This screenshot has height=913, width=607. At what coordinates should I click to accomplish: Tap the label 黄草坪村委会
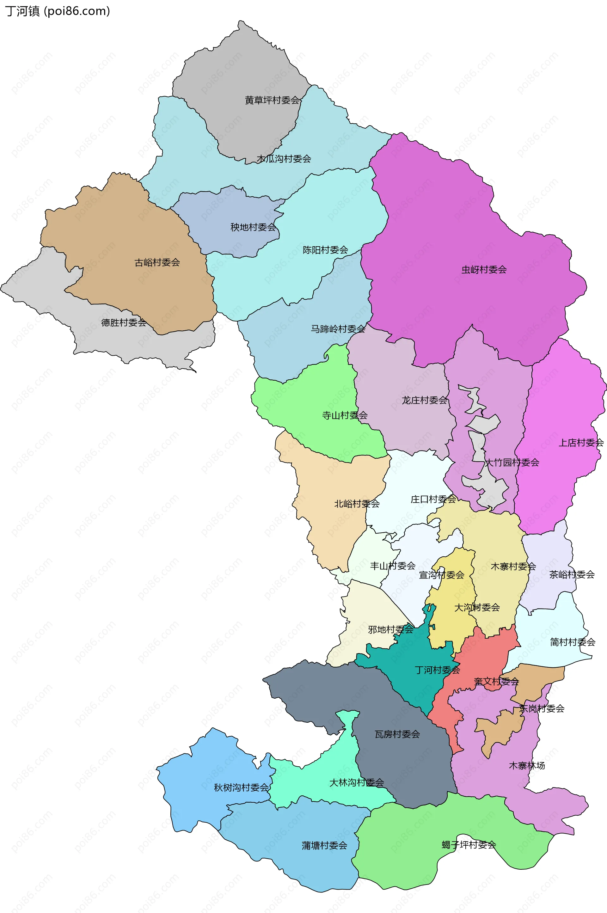coord(273,100)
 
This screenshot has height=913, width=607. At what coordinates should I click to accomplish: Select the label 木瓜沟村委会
coord(284,159)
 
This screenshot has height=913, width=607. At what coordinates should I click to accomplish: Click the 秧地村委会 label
coord(253,227)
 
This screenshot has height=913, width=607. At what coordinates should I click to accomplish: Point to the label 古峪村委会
coord(157,262)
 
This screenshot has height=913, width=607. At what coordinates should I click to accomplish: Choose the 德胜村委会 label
coord(124,322)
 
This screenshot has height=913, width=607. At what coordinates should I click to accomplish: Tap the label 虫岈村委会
coord(484,270)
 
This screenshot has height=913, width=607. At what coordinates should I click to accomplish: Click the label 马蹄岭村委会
coord(338,329)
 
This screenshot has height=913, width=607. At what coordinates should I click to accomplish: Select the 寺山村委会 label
coord(345,415)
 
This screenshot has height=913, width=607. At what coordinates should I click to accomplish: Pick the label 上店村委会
coord(581,443)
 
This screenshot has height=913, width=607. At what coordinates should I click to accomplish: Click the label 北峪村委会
coord(357,504)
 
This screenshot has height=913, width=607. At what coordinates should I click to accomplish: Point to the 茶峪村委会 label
coord(572,574)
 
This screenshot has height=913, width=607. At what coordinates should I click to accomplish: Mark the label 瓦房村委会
coord(397,734)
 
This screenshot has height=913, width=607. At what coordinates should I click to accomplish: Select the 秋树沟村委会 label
coord(241,787)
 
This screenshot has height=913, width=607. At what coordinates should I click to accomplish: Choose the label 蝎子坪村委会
coord(469,844)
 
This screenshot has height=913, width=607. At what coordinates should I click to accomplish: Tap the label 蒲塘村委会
coord(324,846)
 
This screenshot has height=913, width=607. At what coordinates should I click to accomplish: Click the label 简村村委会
coord(573,642)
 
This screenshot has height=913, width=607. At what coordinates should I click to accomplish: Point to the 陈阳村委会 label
coord(325,250)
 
